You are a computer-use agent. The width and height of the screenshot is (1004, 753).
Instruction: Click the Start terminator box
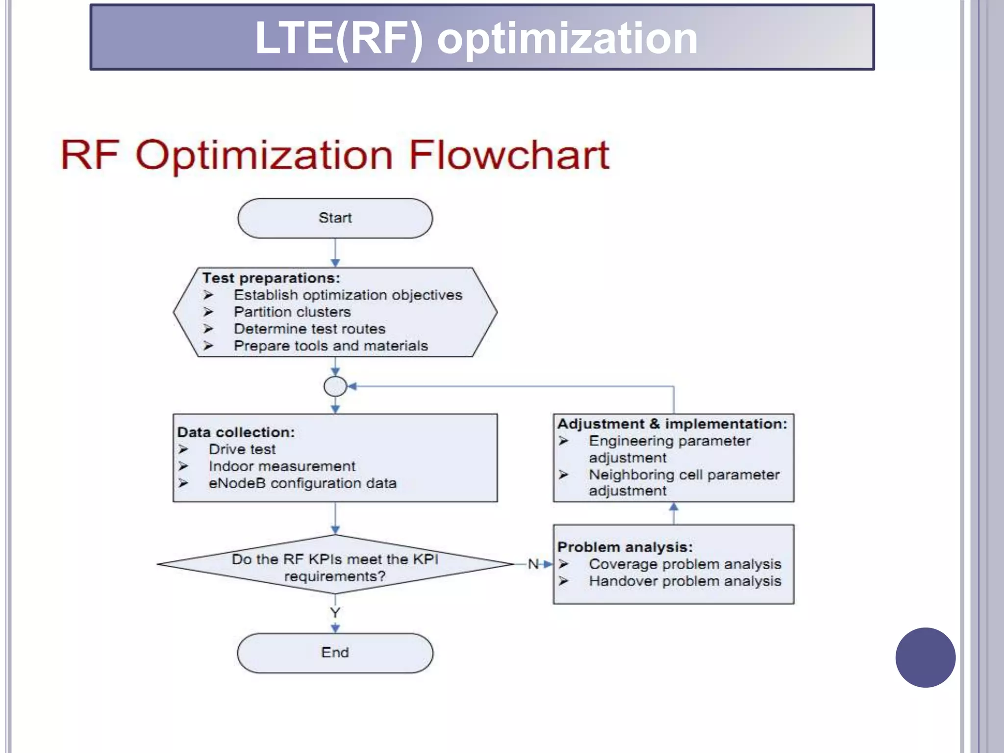335,218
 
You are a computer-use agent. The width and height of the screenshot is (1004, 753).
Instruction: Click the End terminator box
335,653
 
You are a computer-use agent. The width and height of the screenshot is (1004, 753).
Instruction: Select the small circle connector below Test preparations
335,386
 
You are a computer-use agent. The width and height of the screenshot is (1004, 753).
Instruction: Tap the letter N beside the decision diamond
533,564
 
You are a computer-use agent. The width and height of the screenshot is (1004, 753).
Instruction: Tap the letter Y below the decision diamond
335,612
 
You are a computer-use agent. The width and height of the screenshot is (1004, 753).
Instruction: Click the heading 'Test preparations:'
271,278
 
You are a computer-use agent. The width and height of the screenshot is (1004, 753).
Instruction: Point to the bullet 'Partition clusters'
292,312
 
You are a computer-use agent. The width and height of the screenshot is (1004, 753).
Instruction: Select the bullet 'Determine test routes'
309,329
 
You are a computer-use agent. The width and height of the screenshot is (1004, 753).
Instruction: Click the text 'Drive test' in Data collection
242,449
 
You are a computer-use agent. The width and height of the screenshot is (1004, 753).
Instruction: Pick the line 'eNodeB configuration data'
302,483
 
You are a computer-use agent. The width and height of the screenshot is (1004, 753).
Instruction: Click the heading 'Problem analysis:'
625,547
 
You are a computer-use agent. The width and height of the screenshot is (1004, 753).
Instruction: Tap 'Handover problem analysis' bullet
685,581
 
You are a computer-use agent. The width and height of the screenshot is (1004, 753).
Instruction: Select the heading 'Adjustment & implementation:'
672,424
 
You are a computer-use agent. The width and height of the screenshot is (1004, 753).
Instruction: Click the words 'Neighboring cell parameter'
684,475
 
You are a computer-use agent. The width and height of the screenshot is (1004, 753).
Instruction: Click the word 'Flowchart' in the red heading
509,155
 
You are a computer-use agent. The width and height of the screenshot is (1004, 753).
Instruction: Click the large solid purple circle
925,657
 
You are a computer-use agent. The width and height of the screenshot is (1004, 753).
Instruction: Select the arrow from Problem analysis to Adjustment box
674,513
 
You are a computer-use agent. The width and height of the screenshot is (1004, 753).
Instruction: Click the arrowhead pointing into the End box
335,628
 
